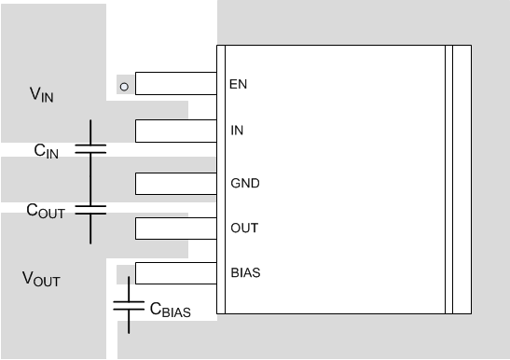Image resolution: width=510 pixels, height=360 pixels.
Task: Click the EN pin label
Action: pyautogui.click(x=238, y=85)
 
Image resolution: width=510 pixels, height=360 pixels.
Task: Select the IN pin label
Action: pyautogui.click(x=237, y=131)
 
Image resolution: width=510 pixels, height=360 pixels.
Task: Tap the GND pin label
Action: pyautogui.click(x=244, y=183)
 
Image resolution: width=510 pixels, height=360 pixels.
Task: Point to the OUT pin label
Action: pyautogui.click(x=243, y=228)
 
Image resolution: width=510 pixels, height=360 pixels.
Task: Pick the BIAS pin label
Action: pyautogui.click(x=245, y=273)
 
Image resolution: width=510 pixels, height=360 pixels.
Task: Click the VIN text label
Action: pyautogui.click(x=43, y=93)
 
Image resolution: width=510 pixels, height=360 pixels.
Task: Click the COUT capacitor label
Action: pyautogui.click(x=46, y=212)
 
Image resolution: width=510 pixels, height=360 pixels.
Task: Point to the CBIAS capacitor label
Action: pyautogui.click(x=170, y=309)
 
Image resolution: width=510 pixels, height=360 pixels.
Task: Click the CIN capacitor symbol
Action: pyautogui.click(x=90, y=148)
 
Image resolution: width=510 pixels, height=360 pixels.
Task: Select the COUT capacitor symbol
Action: pyautogui.click(x=90, y=209)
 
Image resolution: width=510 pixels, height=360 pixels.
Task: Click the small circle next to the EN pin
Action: pyautogui.click(x=124, y=86)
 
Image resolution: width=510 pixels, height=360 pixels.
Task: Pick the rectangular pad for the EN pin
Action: pyautogui.click(x=175, y=85)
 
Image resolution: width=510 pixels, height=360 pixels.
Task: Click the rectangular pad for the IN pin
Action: pyautogui.click(x=175, y=131)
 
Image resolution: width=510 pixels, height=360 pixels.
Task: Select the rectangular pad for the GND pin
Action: pyautogui.click(x=175, y=183)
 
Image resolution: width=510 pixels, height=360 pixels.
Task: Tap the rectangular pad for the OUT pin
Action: pyautogui.click(x=175, y=228)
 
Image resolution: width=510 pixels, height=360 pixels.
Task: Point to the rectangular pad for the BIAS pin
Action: pyautogui.click(x=175, y=273)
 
